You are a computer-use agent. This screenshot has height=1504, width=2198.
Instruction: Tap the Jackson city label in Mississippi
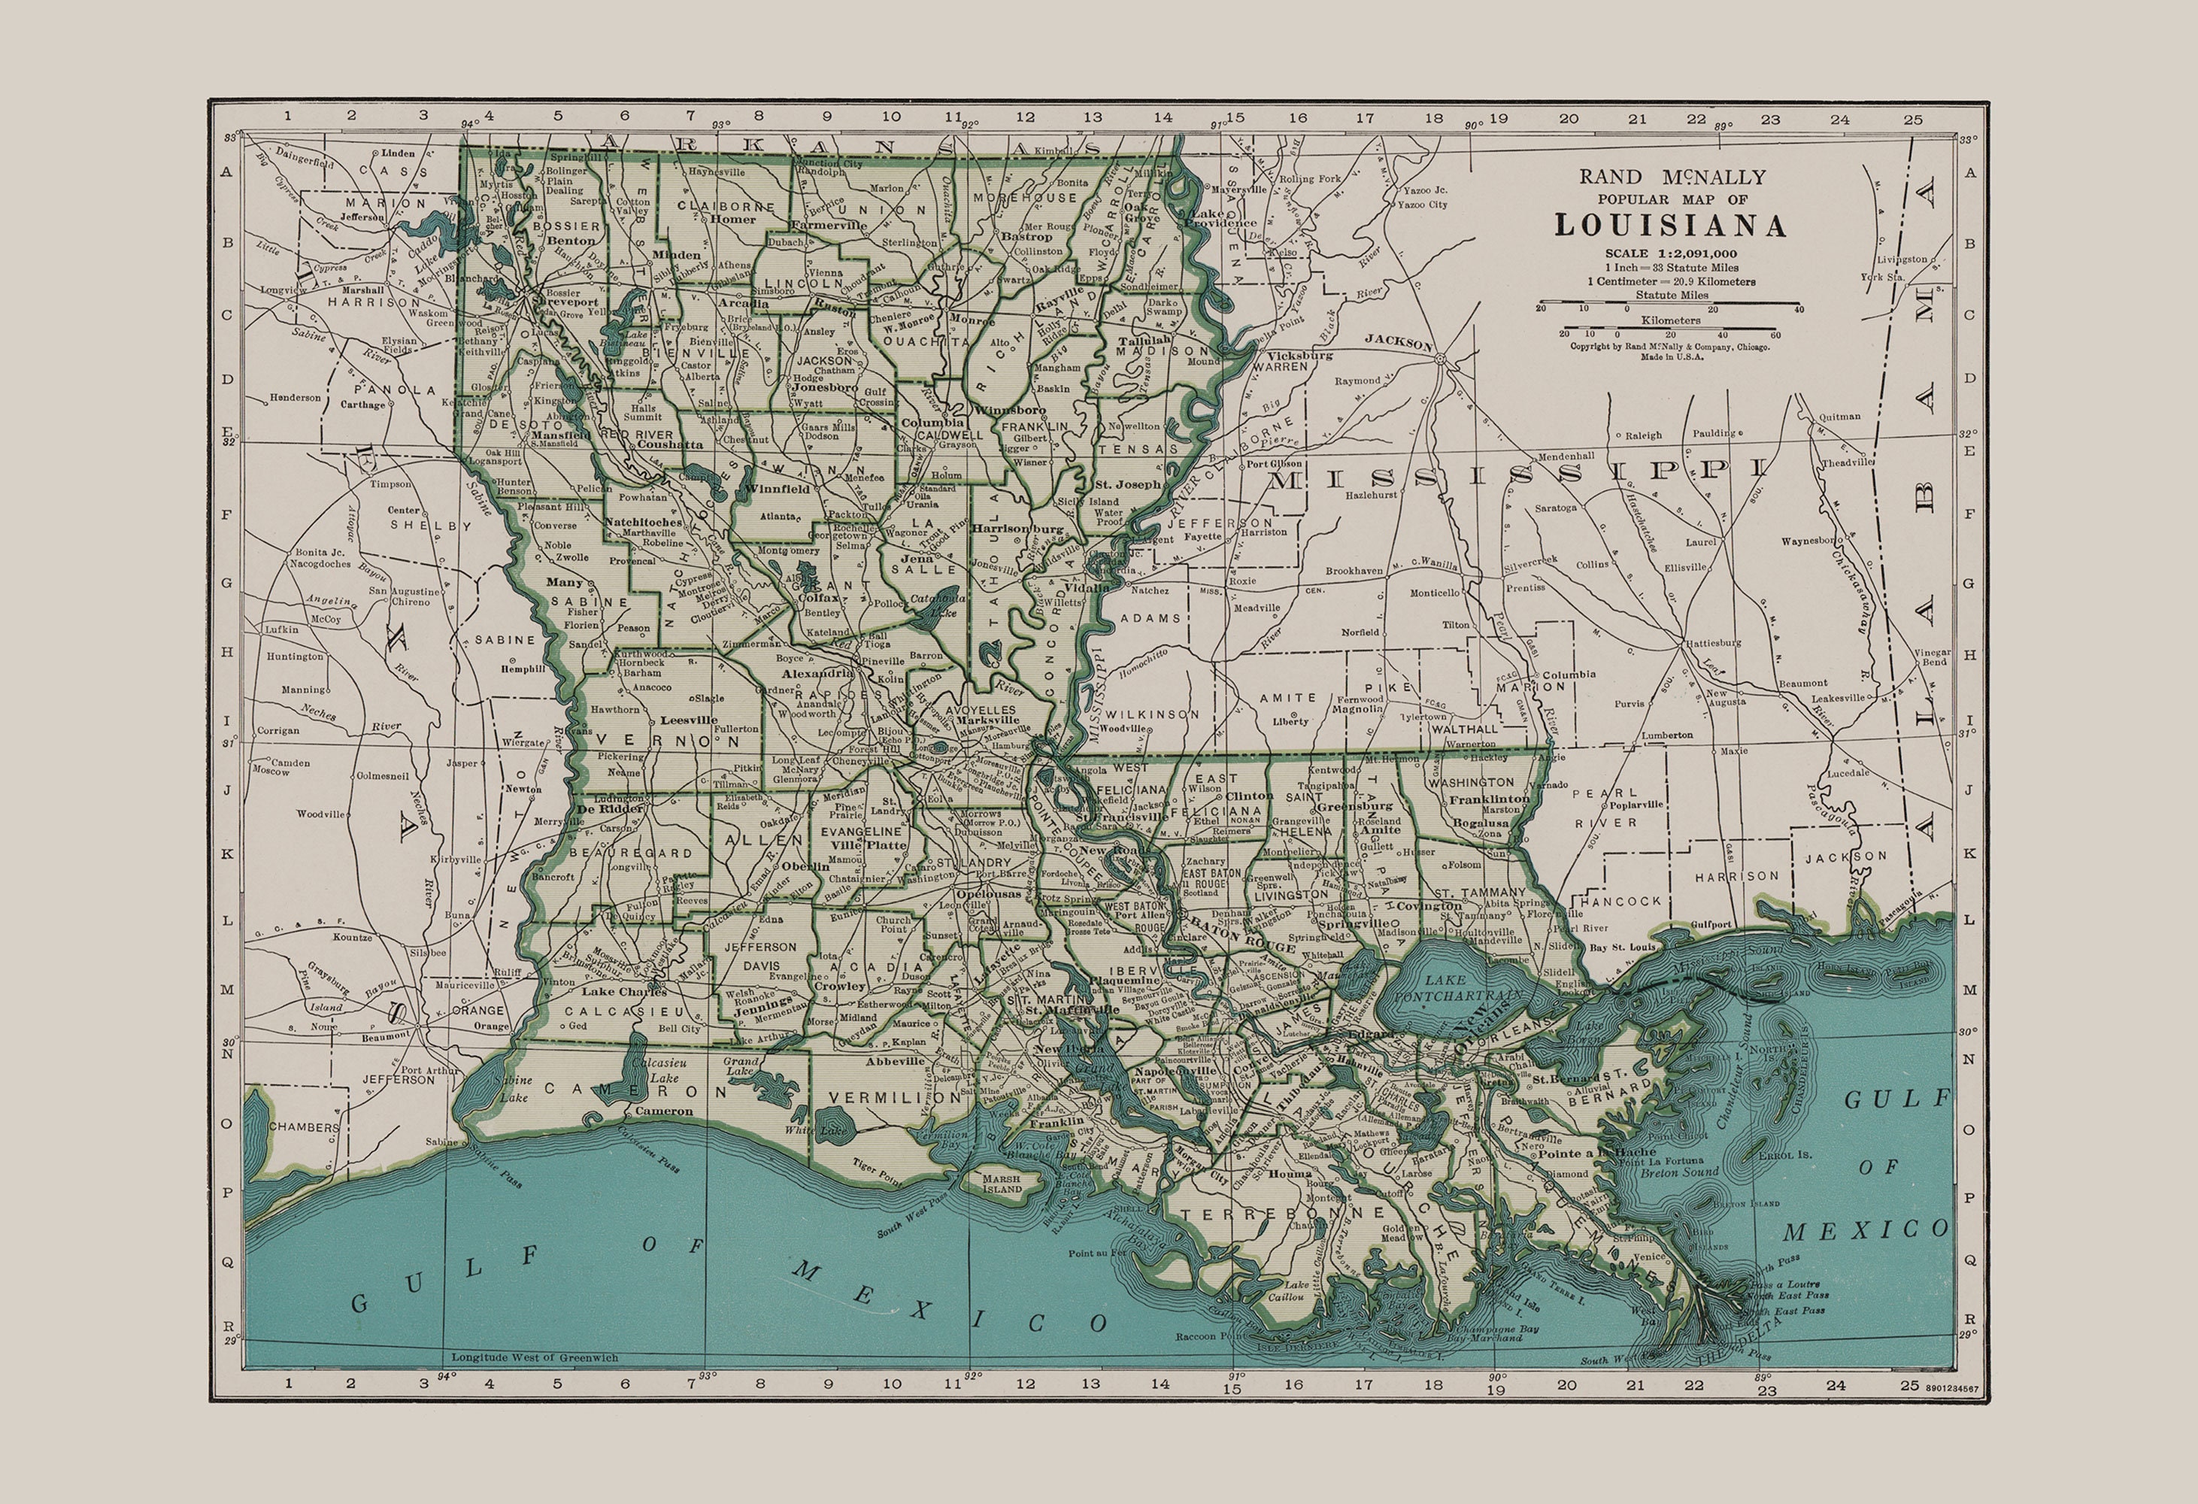tap(1399, 345)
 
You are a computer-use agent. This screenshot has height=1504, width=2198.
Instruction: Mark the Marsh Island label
tap(1002, 1184)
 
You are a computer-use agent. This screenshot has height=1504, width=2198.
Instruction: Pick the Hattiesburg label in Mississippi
tap(1711, 642)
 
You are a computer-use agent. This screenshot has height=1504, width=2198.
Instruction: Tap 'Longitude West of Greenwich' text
tap(535, 1357)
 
